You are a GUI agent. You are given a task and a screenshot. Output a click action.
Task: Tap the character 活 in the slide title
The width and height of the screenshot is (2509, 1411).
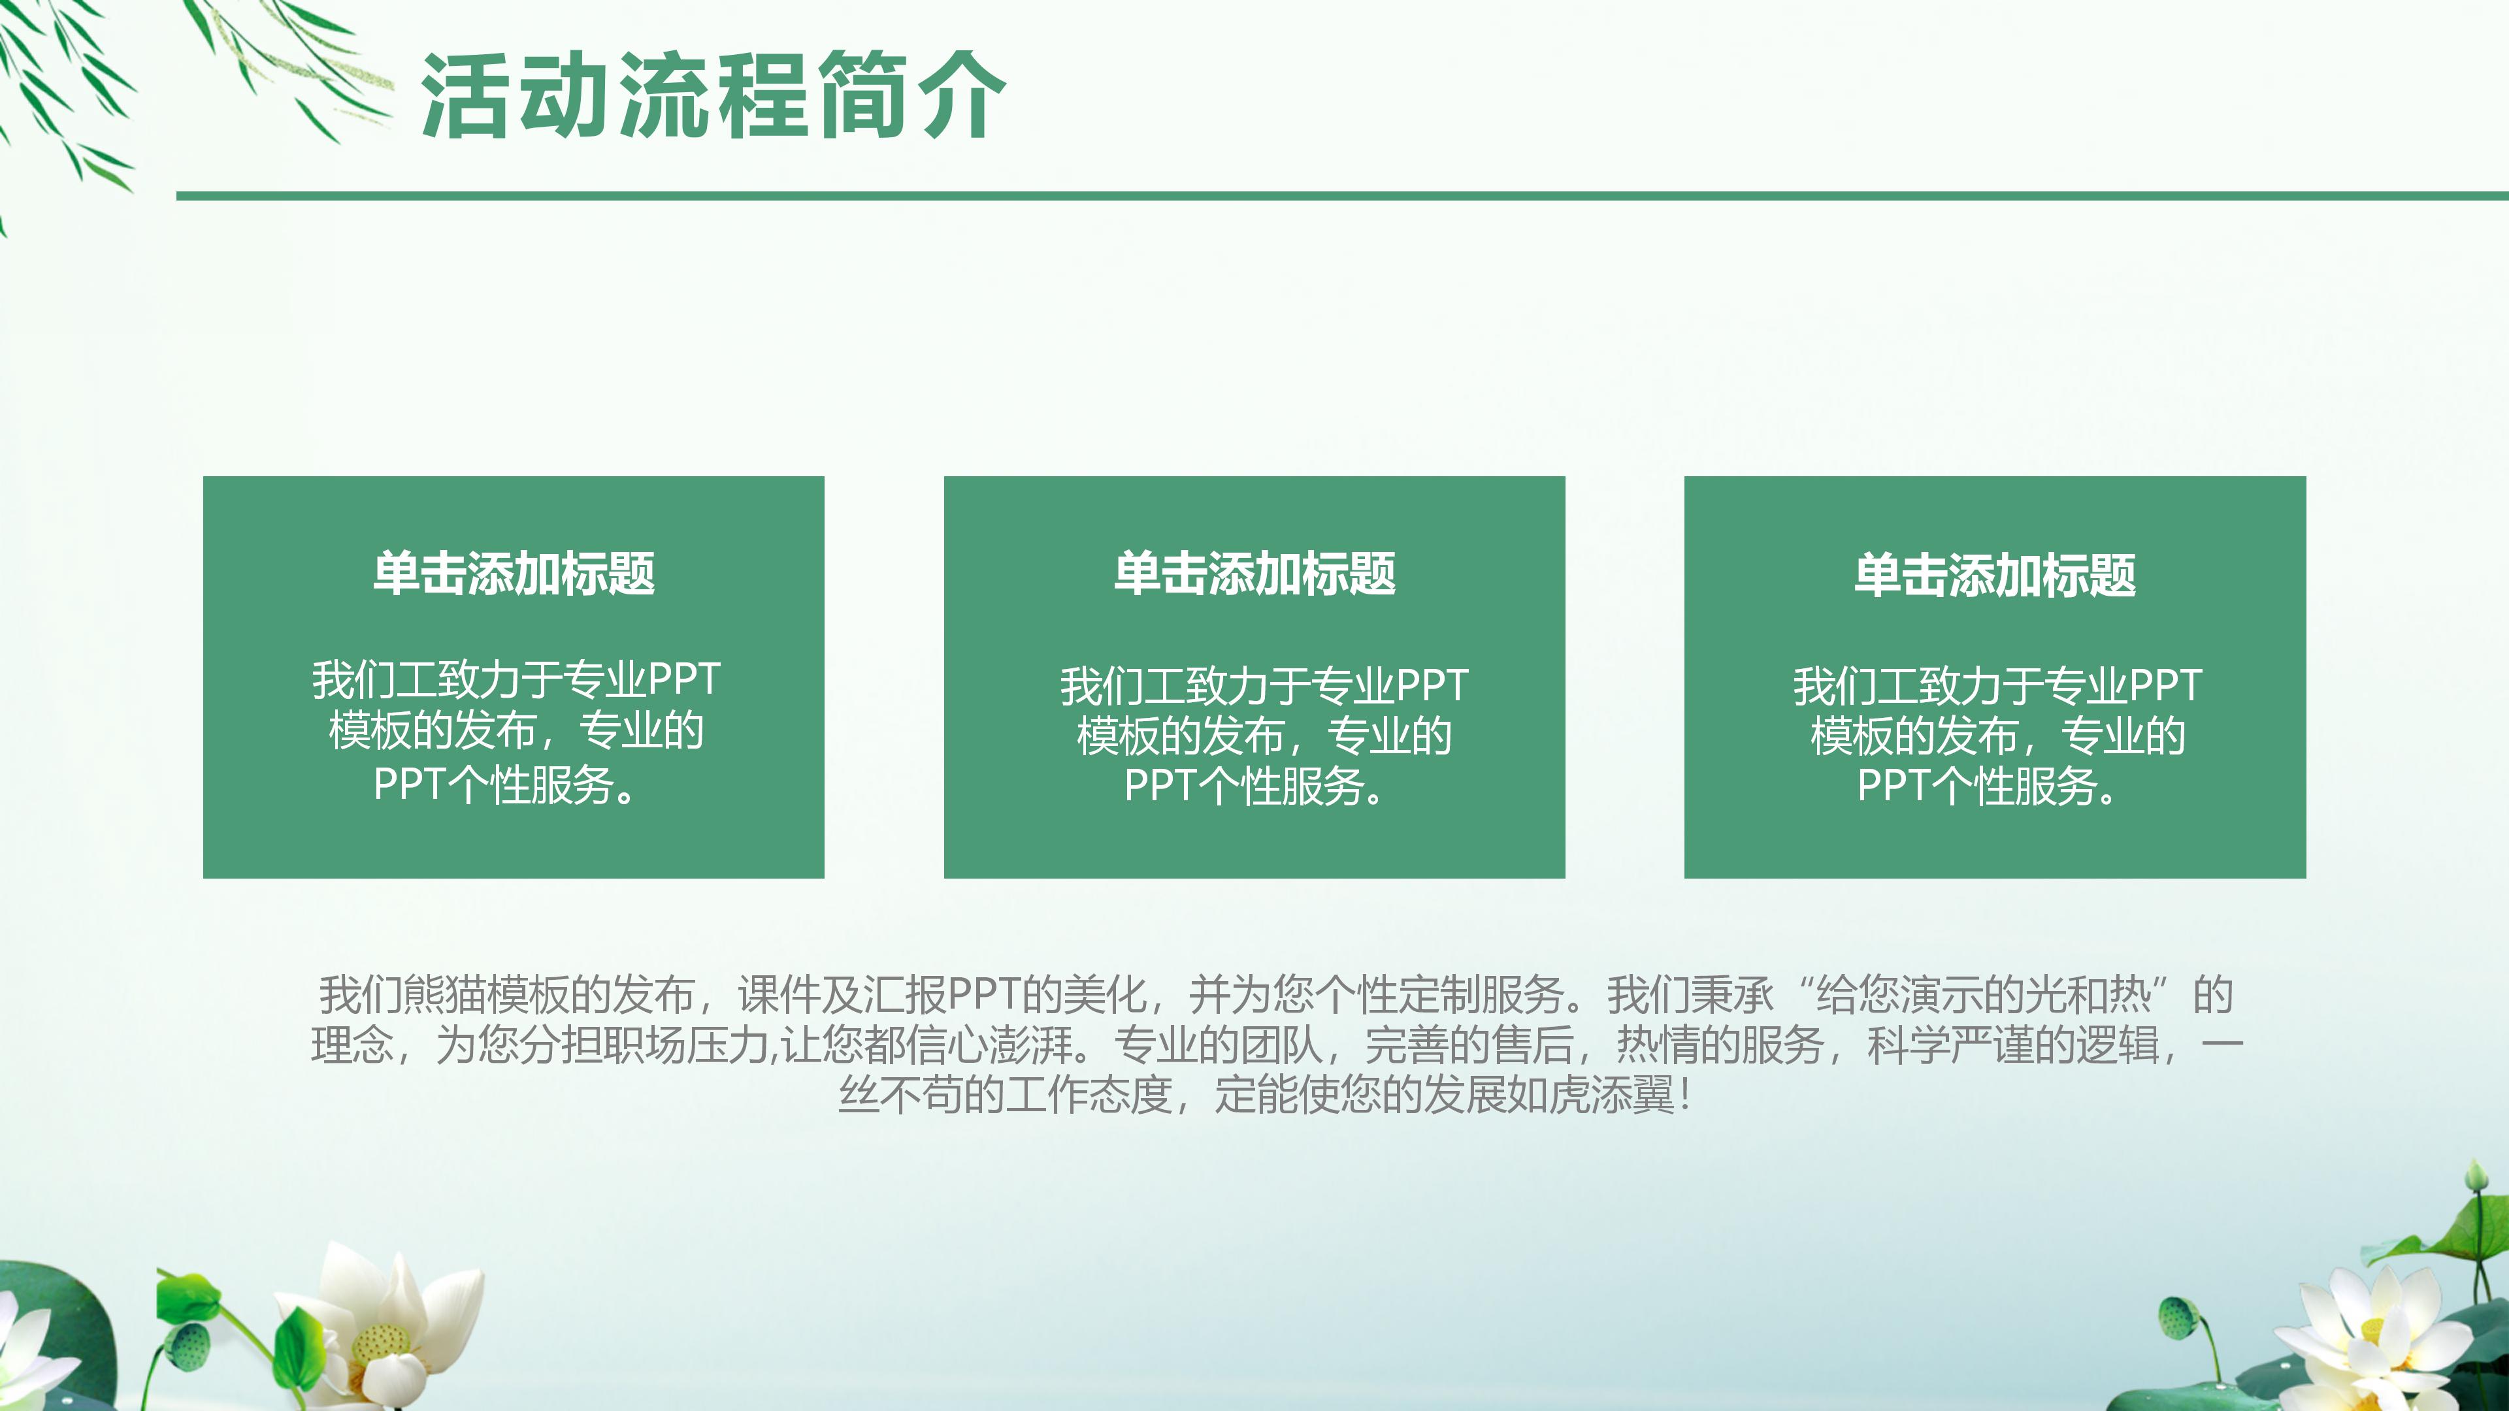[467, 95]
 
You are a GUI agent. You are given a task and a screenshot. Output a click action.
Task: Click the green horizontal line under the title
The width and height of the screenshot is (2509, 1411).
[1342, 196]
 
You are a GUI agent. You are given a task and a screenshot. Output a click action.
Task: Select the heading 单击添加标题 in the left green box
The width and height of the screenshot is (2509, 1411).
[514, 574]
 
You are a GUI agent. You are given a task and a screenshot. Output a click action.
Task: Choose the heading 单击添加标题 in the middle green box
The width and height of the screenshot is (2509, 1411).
[1254, 574]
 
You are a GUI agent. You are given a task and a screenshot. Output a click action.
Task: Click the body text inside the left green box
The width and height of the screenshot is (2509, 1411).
[516, 732]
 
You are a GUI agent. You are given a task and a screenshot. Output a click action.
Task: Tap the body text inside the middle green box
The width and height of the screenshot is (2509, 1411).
[1263, 736]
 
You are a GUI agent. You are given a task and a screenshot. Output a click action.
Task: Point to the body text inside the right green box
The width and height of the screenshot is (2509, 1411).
[1997, 736]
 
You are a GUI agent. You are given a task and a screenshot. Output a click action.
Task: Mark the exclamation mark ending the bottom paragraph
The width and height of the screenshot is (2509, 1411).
[1685, 1095]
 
